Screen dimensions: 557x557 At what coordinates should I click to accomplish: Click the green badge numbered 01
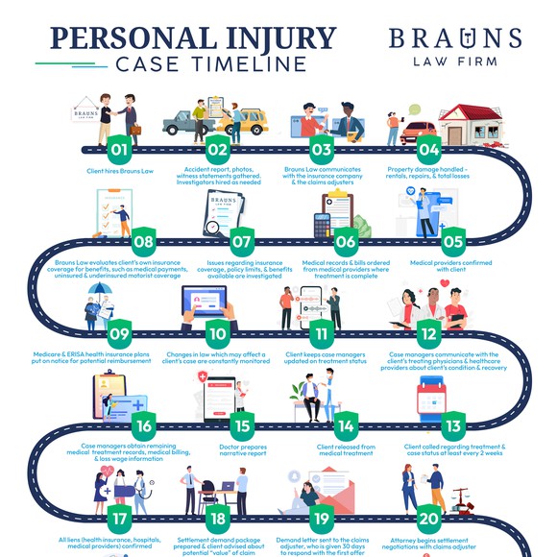pyautogui.click(x=119, y=150)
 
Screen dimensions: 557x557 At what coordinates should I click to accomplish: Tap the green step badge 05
pyautogui.click(x=453, y=242)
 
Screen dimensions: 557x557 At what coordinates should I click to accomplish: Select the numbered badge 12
pyautogui.click(x=428, y=334)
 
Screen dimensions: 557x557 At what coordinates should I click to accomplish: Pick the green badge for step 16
pyautogui.click(x=144, y=426)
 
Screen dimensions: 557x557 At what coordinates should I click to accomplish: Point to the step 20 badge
pyautogui.click(x=428, y=519)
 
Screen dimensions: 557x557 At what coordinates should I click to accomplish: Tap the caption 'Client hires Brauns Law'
pyautogui.click(x=120, y=171)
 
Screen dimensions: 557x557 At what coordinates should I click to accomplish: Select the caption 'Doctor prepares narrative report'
pyautogui.click(x=243, y=450)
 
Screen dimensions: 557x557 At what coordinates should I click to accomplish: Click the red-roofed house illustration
pyautogui.click(x=472, y=125)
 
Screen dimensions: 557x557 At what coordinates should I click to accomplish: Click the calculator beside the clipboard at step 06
pyautogui.click(x=323, y=226)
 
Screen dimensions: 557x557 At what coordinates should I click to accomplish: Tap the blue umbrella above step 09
pyautogui.click(x=100, y=288)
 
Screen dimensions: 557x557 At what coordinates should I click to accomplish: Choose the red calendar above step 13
pyautogui.click(x=431, y=399)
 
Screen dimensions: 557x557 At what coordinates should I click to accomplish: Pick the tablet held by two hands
pyautogui.click(x=205, y=301)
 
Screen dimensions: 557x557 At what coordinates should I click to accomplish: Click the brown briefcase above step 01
pyautogui.click(x=135, y=130)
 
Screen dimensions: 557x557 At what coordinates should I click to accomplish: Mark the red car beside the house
pyautogui.click(x=419, y=133)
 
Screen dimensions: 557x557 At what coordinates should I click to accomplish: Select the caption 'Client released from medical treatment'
pyautogui.click(x=346, y=450)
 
